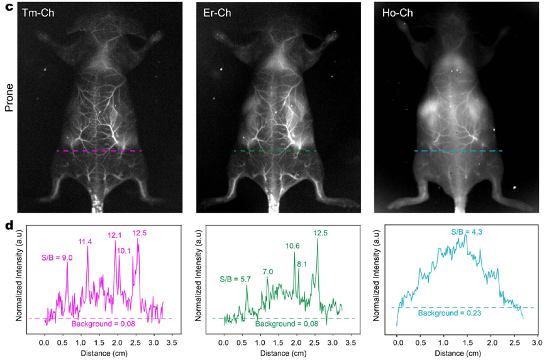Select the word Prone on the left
pyautogui.click(x=9, y=99)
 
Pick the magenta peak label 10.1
pyautogui.click(x=124, y=250)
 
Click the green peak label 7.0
pyautogui.click(x=268, y=271)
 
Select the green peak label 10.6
pyautogui.click(x=293, y=245)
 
